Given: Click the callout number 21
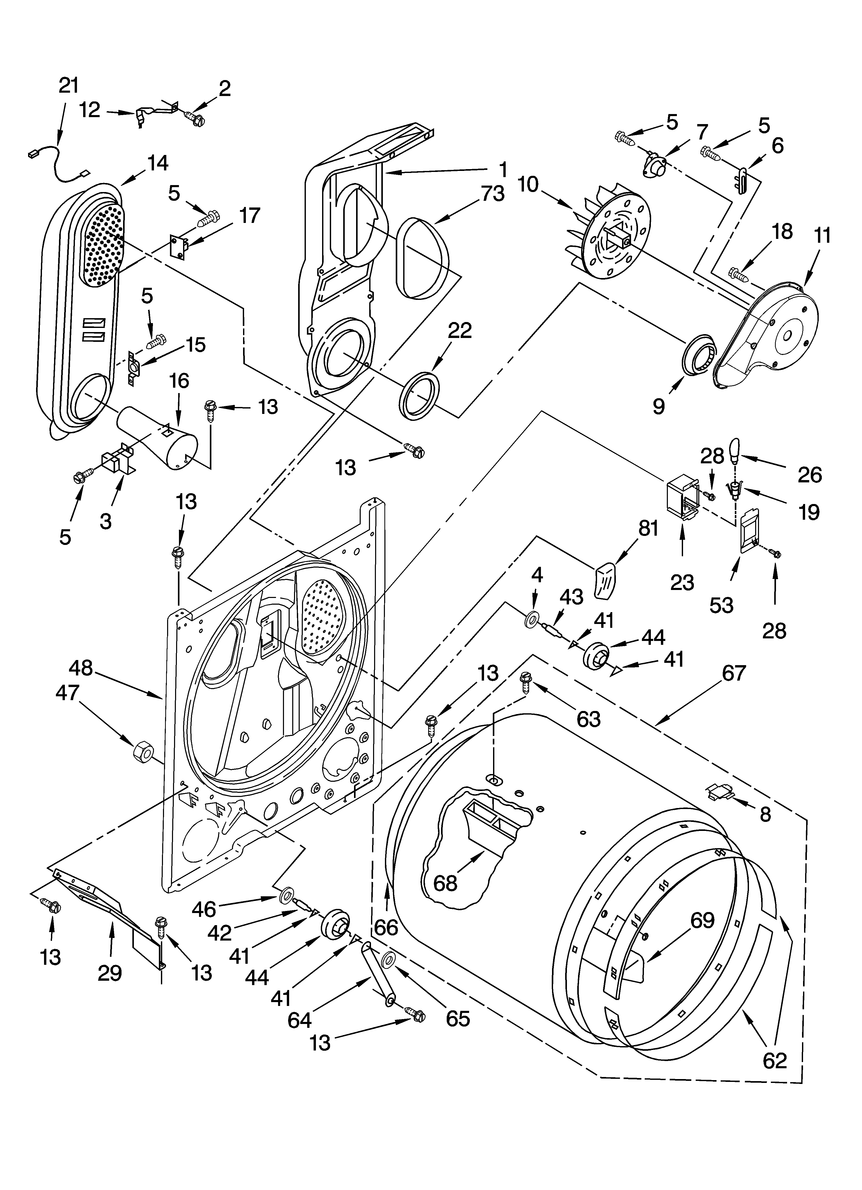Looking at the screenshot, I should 68,85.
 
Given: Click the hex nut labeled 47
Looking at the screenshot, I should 141,753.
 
